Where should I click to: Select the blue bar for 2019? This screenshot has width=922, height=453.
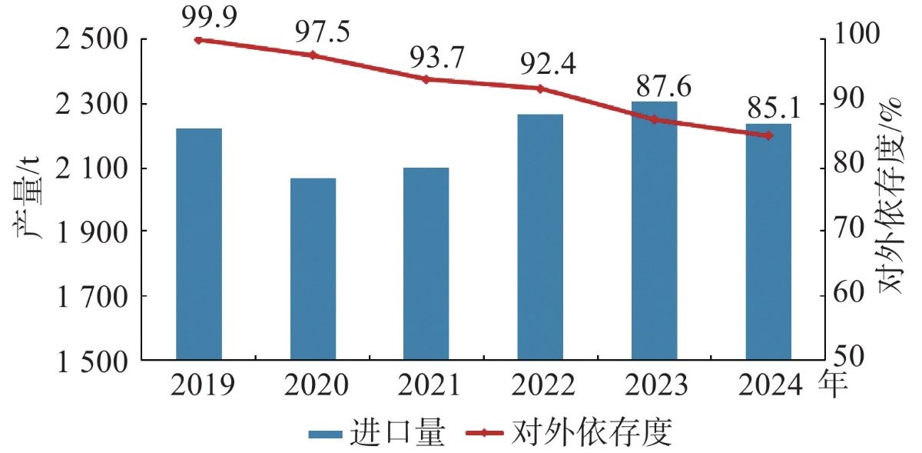(x=199, y=244)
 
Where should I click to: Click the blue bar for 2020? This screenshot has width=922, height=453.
(x=313, y=268)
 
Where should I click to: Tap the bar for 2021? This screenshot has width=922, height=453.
(x=426, y=263)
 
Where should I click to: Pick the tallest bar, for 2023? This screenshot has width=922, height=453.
(x=655, y=231)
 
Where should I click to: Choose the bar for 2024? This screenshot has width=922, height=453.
(x=768, y=241)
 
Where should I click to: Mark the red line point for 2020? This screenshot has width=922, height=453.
(x=313, y=55)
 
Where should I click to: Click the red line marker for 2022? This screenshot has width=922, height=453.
(x=540, y=88)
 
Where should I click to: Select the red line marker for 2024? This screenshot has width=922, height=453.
(x=768, y=135)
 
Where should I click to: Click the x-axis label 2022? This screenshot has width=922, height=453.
(x=540, y=383)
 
